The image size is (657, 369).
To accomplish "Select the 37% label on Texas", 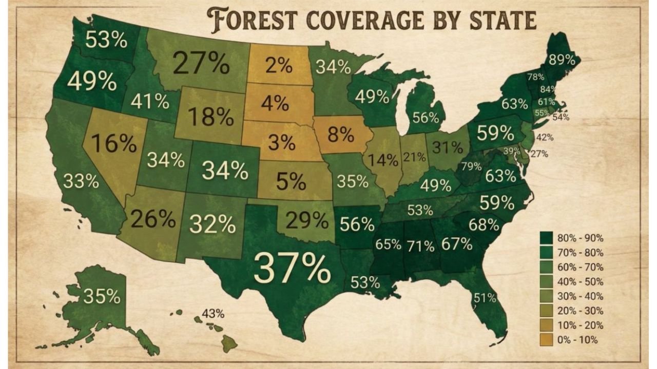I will point(292,268).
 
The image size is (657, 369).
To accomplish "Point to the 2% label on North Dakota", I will point(279,66).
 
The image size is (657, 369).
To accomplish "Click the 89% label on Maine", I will point(562,59).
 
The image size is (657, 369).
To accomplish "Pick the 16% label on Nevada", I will point(113,144).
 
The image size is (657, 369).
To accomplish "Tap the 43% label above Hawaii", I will point(212,313).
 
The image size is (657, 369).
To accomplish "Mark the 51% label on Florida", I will point(485,297).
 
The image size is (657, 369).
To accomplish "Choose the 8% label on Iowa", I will point(341,135).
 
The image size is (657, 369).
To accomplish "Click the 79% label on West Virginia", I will point(471,167).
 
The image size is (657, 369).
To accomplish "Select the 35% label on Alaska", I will point(102,296).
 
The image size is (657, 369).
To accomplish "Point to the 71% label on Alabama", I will point(421,246).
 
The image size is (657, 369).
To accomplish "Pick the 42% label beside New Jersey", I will point(545,137).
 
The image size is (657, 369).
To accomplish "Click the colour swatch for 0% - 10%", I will point(547,340).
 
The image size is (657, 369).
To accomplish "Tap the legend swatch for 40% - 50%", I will point(547,282).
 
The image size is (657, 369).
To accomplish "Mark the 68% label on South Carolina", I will point(484,224).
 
